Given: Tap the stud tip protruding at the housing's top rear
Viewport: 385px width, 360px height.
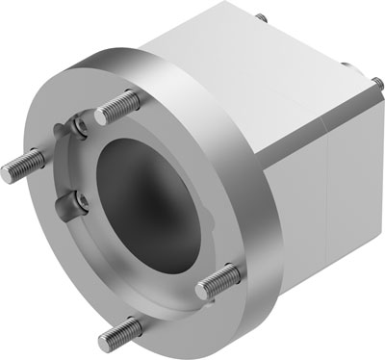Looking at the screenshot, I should [x=261, y=16].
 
